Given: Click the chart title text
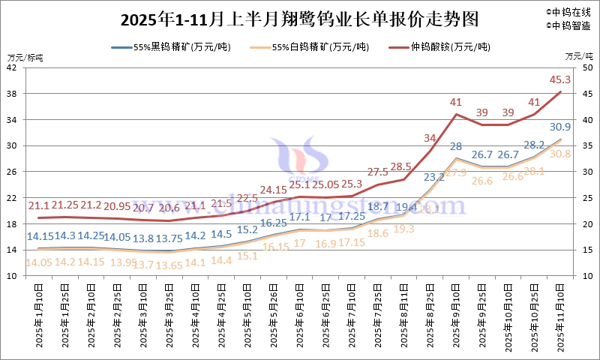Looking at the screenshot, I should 298,18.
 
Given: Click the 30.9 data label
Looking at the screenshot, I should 560,127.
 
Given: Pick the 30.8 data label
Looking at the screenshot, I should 560,154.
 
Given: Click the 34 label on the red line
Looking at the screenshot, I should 430,138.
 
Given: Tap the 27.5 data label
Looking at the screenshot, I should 377,172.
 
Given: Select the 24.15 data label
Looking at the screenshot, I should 274,190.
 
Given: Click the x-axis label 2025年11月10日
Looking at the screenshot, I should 560,315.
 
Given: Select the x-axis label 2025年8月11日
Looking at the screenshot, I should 404,315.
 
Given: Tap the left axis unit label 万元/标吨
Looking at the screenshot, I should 25,57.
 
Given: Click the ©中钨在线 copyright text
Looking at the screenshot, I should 569,11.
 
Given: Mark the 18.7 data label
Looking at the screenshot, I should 377,207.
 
